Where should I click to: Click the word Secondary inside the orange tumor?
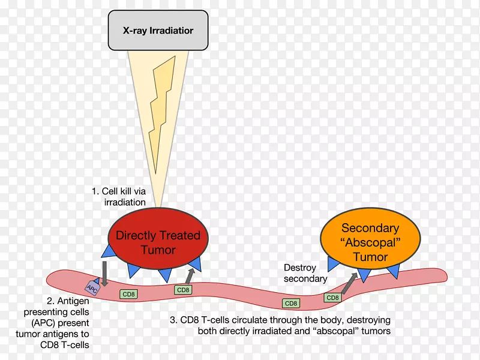click(370, 228)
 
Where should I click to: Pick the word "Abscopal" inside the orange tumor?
click(370, 243)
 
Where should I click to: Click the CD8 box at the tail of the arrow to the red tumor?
click(183, 290)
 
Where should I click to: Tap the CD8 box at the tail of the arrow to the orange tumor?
click(332, 298)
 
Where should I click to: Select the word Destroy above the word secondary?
click(299, 267)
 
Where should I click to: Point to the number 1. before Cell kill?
click(95, 191)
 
